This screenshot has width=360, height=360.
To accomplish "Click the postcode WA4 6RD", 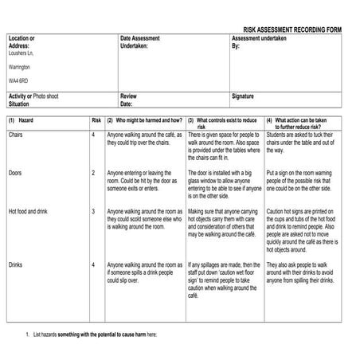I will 20,80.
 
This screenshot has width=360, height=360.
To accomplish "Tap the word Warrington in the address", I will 20,67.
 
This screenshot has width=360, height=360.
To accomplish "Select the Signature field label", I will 243,96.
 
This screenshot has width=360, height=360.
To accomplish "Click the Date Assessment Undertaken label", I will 139,41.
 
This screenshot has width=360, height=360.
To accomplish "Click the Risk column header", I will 96,119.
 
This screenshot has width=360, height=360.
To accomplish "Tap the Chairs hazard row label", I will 18,135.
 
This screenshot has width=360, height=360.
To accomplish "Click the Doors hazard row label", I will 16,172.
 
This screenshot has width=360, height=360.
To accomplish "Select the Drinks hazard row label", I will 17,264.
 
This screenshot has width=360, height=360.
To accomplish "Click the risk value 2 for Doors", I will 93,172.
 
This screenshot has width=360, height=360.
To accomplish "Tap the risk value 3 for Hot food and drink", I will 93,211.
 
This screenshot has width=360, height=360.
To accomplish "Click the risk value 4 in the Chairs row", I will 93,135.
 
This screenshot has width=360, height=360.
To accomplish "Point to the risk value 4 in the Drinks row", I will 93,264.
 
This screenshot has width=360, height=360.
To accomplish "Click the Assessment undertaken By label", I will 258,41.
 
